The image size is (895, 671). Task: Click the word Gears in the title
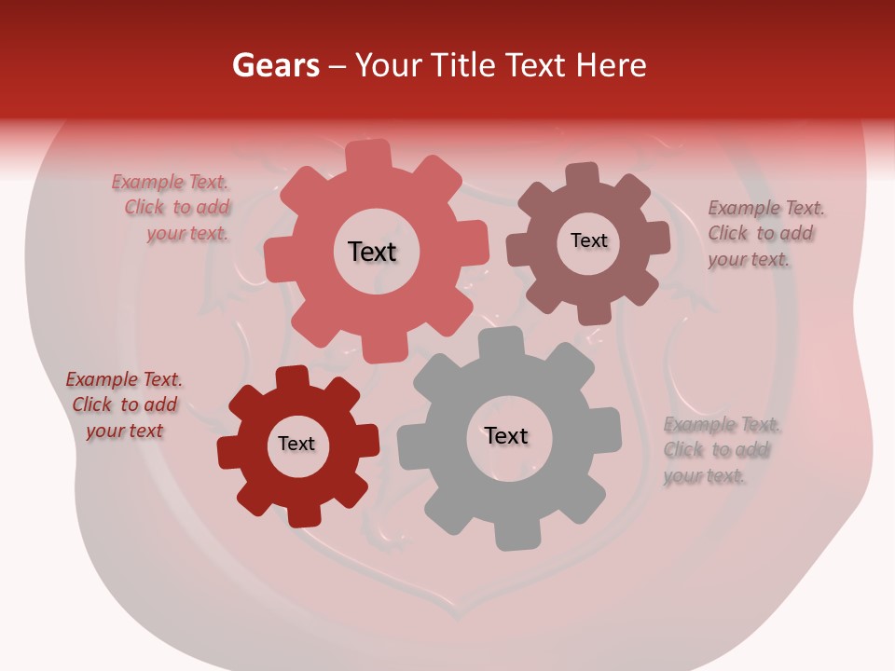coord(275,65)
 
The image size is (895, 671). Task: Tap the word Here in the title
coord(612,65)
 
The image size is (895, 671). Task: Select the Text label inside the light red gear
coord(372,252)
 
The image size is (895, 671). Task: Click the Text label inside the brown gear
coord(588,240)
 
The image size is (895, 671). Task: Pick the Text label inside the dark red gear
coord(296,444)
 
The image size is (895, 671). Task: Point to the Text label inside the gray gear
coord(506,435)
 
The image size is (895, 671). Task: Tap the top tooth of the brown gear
coord(582,175)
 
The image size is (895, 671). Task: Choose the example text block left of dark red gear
coord(124,404)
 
